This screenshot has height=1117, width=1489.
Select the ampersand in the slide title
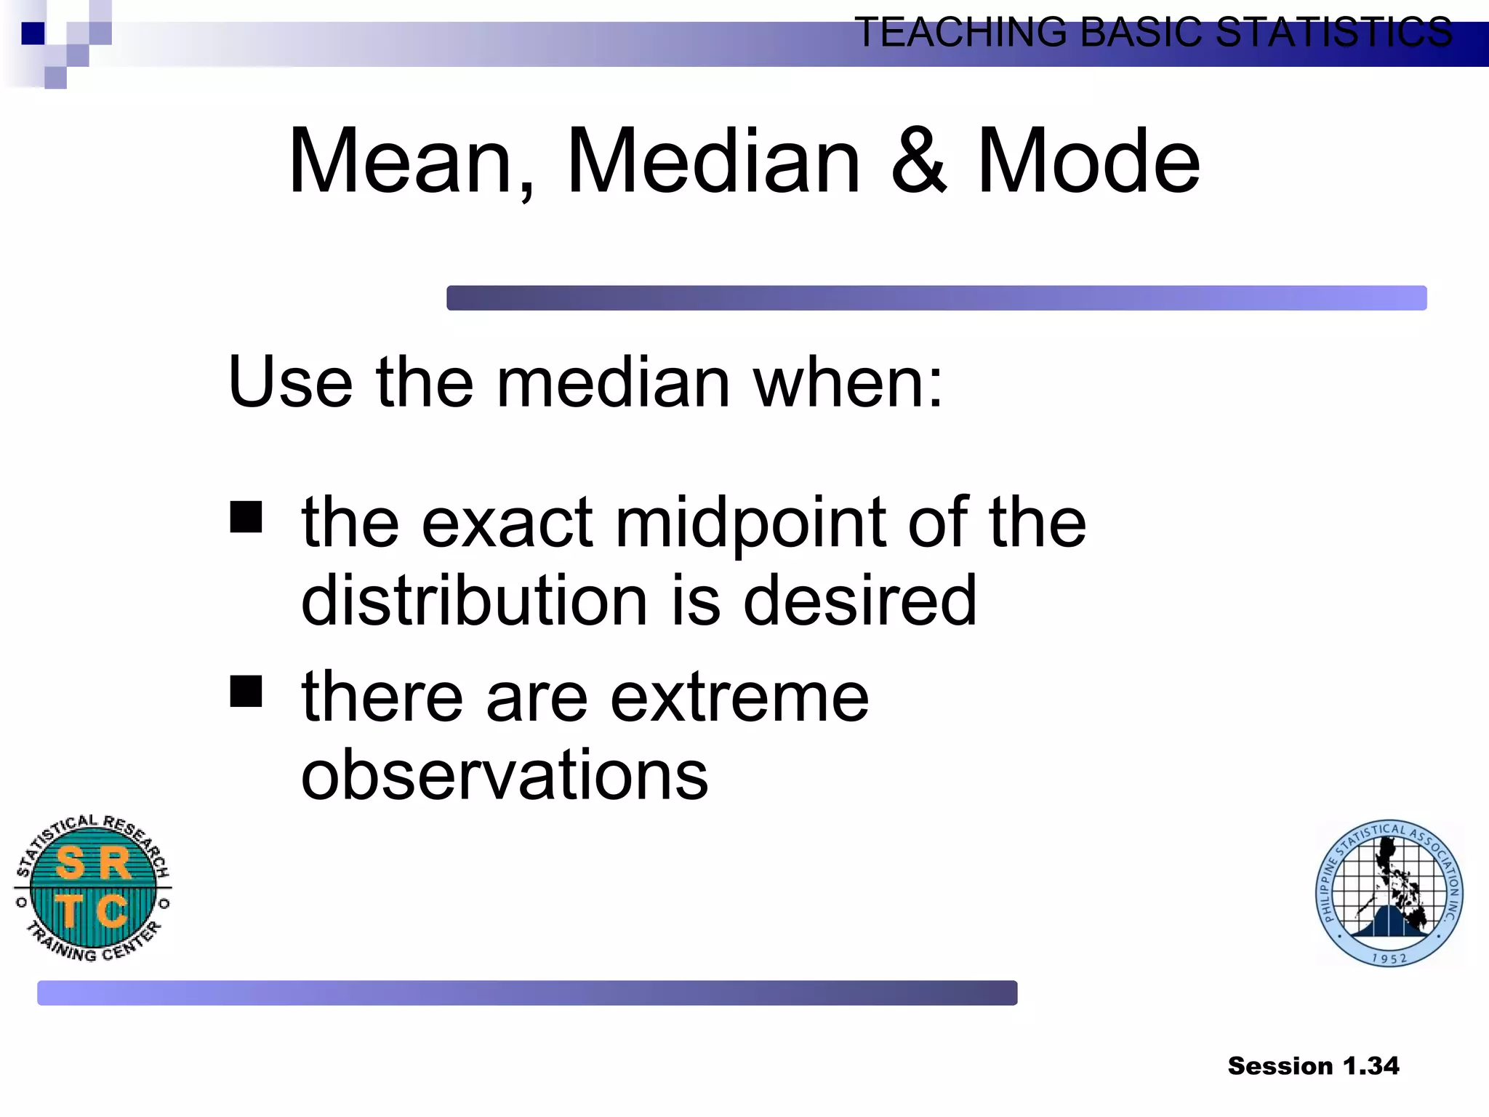[x=919, y=161]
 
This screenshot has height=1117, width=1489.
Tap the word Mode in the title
[x=1088, y=161]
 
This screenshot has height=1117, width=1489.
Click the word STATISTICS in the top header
[x=1333, y=33]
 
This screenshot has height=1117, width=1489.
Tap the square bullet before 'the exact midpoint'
[x=246, y=517]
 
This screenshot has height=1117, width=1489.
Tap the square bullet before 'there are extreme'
[x=246, y=691]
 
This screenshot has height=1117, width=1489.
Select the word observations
[x=505, y=775]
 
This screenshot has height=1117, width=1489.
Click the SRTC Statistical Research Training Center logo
[x=93, y=887]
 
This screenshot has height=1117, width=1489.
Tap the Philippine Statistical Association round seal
[x=1389, y=893]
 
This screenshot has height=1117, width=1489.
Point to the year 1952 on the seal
[x=1389, y=958]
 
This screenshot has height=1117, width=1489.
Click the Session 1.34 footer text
[x=1313, y=1066]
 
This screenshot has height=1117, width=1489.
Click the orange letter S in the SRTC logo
[x=71, y=863]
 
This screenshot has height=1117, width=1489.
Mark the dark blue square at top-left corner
[x=33, y=33]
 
